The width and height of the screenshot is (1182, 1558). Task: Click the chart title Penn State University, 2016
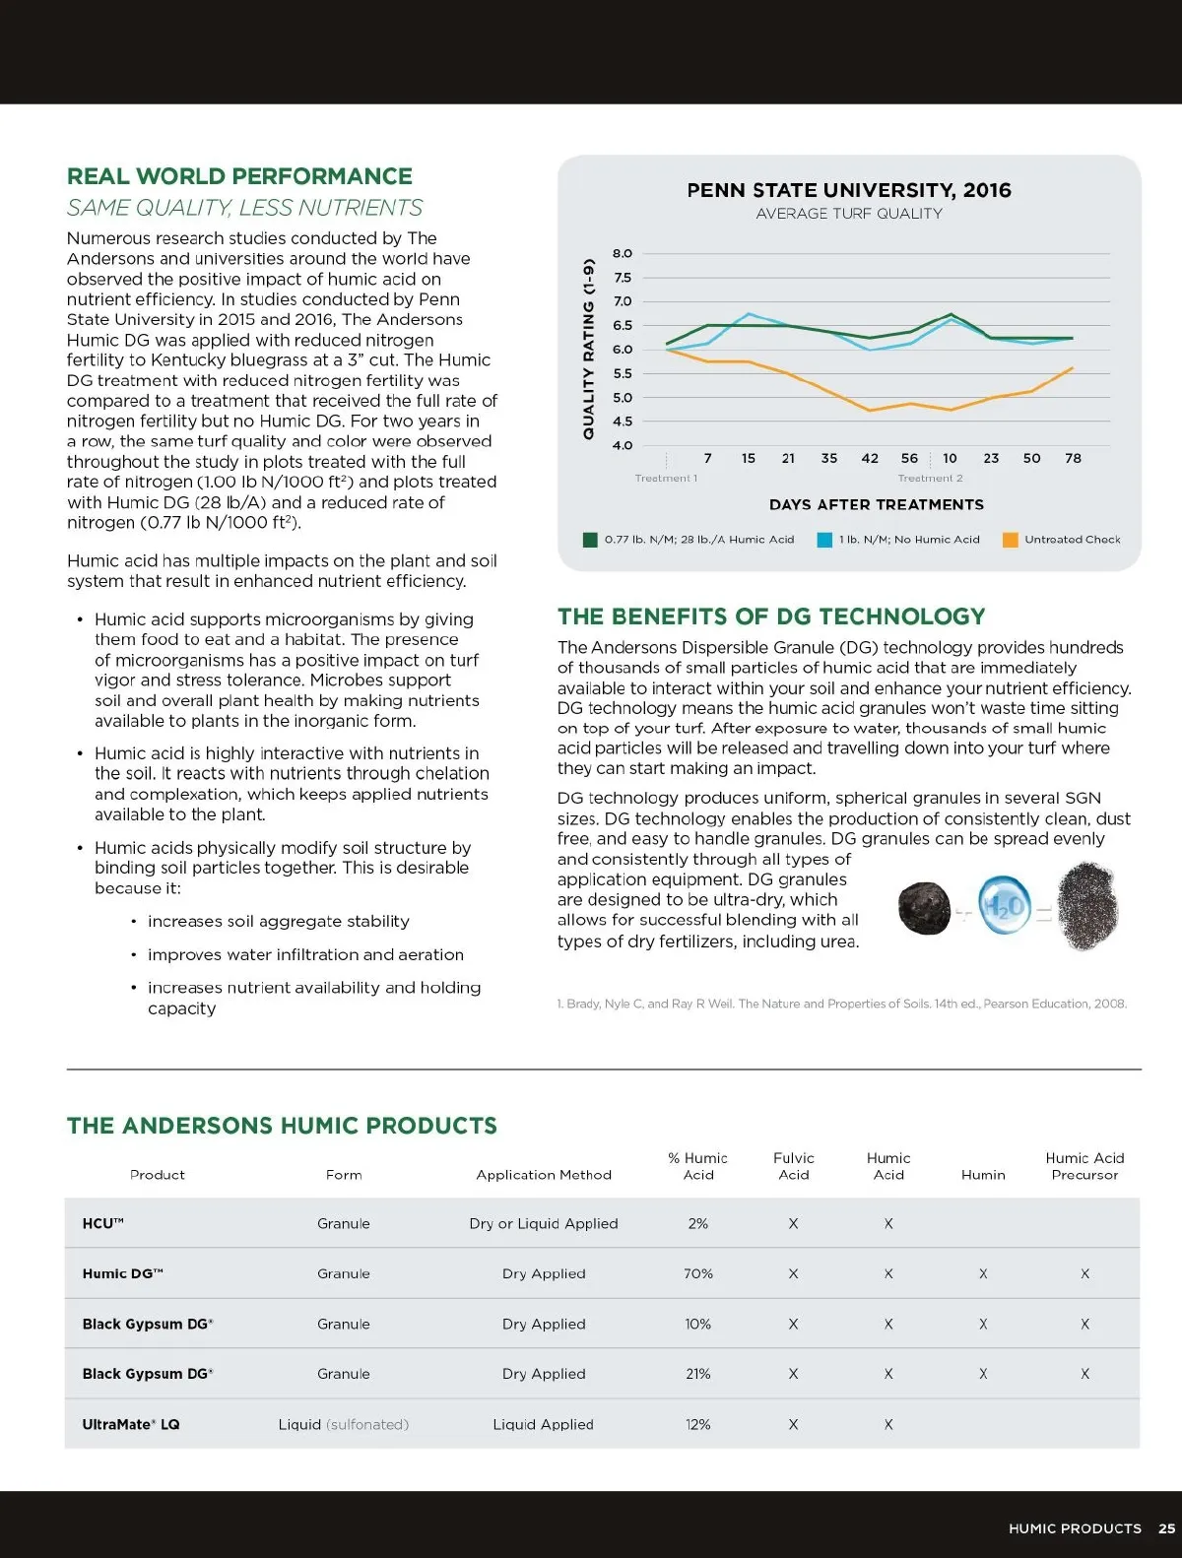pyautogui.click(x=848, y=190)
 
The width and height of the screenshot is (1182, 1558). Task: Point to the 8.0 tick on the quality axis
pyautogui.click(x=623, y=253)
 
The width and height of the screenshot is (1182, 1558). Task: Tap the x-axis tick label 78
pyautogui.click(x=1073, y=458)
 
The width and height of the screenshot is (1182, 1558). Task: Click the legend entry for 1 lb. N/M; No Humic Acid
pyautogui.click(x=899, y=540)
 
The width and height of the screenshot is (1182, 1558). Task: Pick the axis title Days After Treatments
pyautogui.click(x=876, y=504)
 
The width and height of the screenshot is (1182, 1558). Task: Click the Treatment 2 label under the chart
pyautogui.click(x=930, y=479)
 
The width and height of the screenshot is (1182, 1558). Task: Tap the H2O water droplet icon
pyautogui.click(x=1003, y=906)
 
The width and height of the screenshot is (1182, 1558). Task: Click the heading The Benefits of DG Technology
pyautogui.click(x=771, y=617)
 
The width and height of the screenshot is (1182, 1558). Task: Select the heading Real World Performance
pyautogui.click(x=239, y=176)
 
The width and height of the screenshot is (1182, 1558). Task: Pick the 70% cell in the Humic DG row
pyautogui.click(x=698, y=1273)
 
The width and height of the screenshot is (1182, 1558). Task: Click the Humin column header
pyautogui.click(x=983, y=1175)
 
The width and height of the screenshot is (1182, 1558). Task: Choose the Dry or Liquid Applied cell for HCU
pyautogui.click(x=544, y=1223)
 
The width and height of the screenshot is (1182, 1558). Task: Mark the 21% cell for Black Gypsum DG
pyautogui.click(x=698, y=1374)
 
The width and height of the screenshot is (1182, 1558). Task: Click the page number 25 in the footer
pyautogui.click(x=1166, y=1528)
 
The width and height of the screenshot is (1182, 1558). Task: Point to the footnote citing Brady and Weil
pyautogui.click(x=841, y=1004)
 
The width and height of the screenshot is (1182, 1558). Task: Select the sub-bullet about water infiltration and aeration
pyautogui.click(x=305, y=954)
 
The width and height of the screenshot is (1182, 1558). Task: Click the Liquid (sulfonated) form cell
pyautogui.click(x=343, y=1424)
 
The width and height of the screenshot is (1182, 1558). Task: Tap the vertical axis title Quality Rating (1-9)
pyautogui.click(x=589, y=349)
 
